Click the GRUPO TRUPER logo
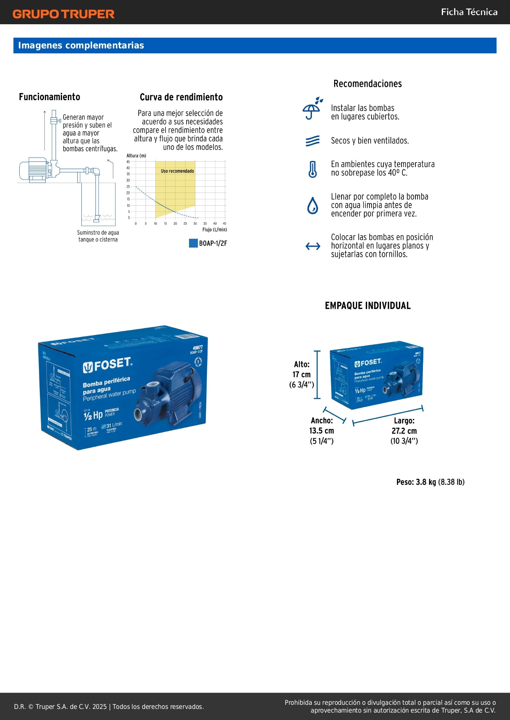click(63, 14)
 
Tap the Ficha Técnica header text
click(469, 12)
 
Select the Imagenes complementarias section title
click(81, 46)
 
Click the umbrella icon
click(312, 109)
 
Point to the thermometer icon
click(313, 169)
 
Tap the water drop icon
click(313, 206)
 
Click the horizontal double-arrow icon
click(313, 246)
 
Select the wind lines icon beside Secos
click(313, 141)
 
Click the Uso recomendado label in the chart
click(177, 171)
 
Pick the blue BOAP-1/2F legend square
click(193, 243)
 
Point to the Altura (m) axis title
click(136, 156)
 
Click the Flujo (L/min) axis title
click(214, 229)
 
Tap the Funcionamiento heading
click(49, 97)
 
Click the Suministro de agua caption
click(98, 236)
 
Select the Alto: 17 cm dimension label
click(302, 374)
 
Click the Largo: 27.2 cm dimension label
click(404, 431)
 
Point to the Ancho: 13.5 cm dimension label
click(322, 431)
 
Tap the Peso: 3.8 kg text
click(430, 482)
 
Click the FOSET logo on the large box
click(107, 365)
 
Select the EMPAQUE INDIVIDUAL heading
click(367, 306)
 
